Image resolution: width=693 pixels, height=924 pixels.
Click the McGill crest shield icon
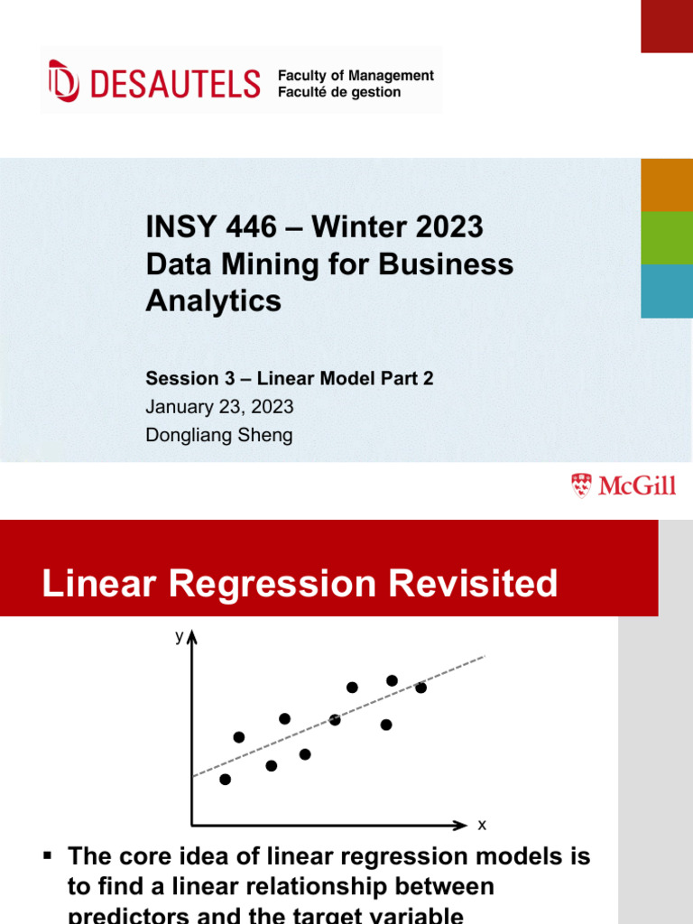pyautogui.click(x=582, y=485)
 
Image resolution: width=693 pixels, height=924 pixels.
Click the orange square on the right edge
pyautogui.click(x=667, y=185)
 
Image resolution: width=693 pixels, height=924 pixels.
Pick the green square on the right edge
pyautogui.click(x=667, y=238)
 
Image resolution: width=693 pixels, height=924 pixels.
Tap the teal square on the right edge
pyautogui.click(x=667, y=291)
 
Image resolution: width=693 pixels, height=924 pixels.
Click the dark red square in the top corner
pyautogui.click(x=667, y=26)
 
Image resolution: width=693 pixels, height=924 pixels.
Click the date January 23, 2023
pyautogui.click(x=219, y=407)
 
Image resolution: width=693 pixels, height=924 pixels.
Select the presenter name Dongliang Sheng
pyautogui.click(x=219, y=435)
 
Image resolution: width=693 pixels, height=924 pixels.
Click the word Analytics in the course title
pyautogui.click(x=213, y=301)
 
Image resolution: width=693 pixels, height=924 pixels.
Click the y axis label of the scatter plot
pyautogui.click(x=179, y=637)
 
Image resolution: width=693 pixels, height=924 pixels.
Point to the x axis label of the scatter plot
pyautogui.click(x=482, y=825)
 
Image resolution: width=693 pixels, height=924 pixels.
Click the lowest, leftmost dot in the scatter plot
pyautogui.click(x=225, y=779)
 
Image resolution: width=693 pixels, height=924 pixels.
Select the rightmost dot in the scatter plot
pyautogui.click(x=420, y=688)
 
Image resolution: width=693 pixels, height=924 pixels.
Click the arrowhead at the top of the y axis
pyautogui.click(x=192, y=638)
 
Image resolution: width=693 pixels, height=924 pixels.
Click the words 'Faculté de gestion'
pyautogui.click(x=339, y=92)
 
